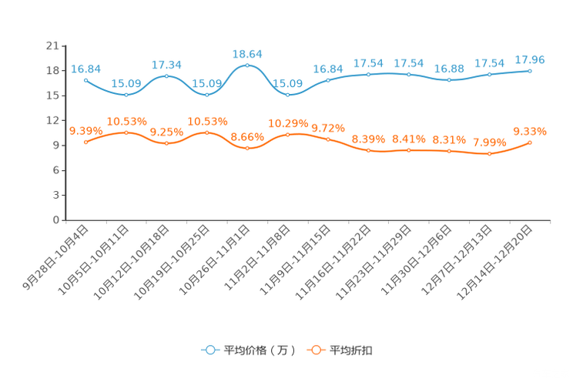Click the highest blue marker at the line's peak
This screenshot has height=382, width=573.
coord(247,65)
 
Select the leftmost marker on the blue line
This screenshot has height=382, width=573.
coord(85,79)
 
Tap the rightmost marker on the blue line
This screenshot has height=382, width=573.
coord(531,71)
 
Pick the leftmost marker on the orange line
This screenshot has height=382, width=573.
coord(85,142)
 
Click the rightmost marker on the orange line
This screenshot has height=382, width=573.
coord(531,142)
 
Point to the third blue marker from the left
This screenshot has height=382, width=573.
coord(166,75)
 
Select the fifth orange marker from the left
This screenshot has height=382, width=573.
coord(247,147)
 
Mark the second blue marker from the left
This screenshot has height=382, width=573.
coord(126,94)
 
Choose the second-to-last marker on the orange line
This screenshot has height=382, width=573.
coord(490,153)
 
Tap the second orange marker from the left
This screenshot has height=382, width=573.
coord(126,132)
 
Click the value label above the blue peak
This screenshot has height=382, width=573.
coord(247,54)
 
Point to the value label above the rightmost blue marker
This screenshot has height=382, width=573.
coord(530,59)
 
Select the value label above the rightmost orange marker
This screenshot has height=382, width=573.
coord(530,132)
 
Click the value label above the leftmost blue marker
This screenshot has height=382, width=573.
coord(85,68)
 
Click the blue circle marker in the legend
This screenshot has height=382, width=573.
coord(209,350)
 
